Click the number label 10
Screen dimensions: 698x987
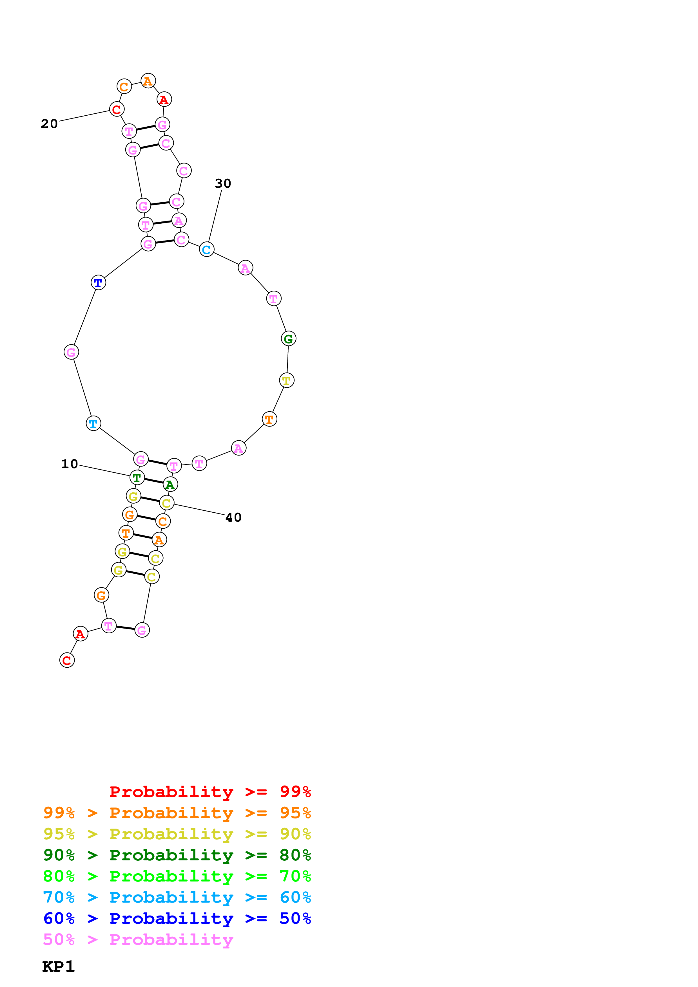coord(69,464)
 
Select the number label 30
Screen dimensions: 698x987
coord(223,183)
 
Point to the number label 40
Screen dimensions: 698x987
coord(233,517)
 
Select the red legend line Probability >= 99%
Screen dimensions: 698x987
coord(210,791)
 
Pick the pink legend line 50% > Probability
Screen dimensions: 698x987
coord(138,939)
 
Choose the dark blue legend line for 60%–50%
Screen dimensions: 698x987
coord(177,918)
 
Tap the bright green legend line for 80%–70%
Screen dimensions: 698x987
coord(177,876)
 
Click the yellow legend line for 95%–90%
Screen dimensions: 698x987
coord(177,834)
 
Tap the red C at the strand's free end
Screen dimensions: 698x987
coord(67,660)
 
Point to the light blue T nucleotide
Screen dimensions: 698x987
coord(93,423)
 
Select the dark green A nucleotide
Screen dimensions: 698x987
coord(170,484)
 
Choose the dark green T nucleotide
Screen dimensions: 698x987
coord(137,477)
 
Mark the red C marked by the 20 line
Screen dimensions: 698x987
coord(117,109)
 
